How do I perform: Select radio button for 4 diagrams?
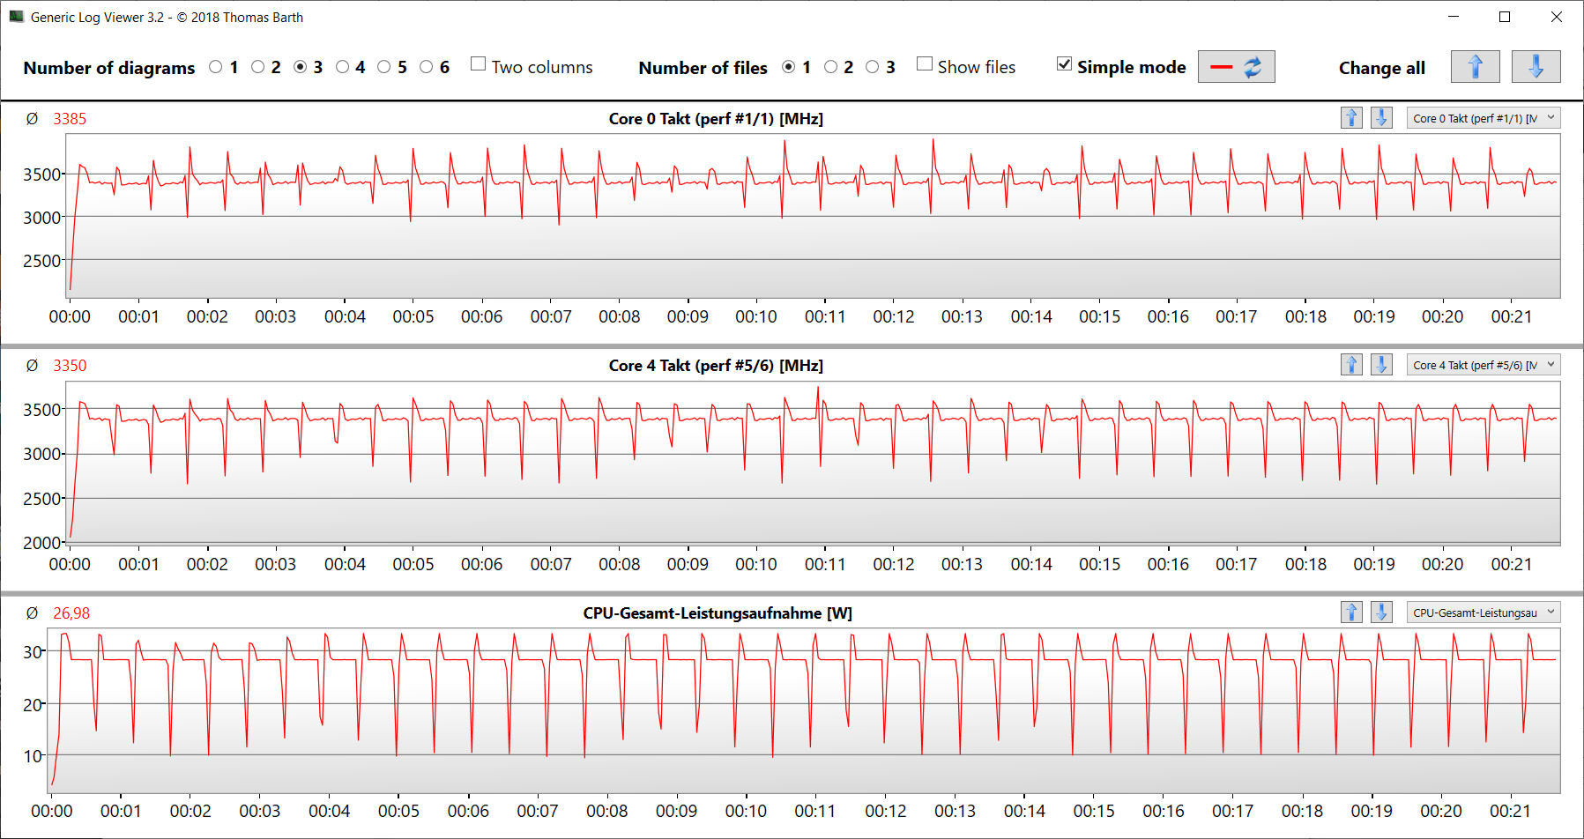(343, 67)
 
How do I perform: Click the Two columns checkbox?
(479, 64)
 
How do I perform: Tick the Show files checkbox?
(925, 64)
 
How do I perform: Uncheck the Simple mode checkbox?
(1065, 64)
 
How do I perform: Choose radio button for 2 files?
(830, 67)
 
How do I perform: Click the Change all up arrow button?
(1475, 67)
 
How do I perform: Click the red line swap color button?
(1236, 67)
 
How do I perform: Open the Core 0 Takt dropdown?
(1483, 118)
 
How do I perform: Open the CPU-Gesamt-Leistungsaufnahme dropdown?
(1483, 613)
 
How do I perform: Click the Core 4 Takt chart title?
(715, 366)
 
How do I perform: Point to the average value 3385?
(70, 119)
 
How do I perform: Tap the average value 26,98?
(71, 613)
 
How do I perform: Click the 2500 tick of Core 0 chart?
(41, 261)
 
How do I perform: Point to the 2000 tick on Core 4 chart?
(41, 543)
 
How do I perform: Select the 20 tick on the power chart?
(33, 704)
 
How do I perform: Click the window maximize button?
(1505, 17)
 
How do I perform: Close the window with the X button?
(1557, 17)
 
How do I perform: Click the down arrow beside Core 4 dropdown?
(1381, 365)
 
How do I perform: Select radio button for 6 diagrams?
(427, 67)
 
